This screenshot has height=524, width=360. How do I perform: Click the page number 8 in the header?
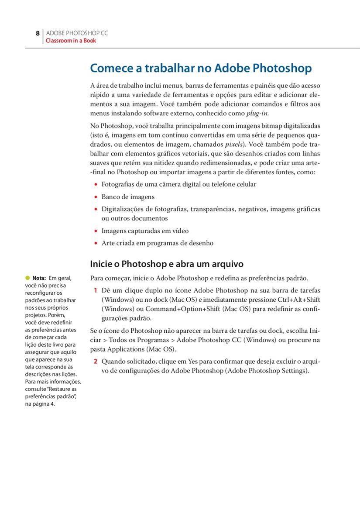click(38, 33)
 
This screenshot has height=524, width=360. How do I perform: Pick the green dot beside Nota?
click(27, 278)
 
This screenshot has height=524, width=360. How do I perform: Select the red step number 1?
click(95, 290)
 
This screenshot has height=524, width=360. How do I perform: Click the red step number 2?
click(95, 362)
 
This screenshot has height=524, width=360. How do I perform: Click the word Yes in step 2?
click(193, 362)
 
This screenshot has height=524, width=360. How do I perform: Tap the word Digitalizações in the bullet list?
click(123, 209)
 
